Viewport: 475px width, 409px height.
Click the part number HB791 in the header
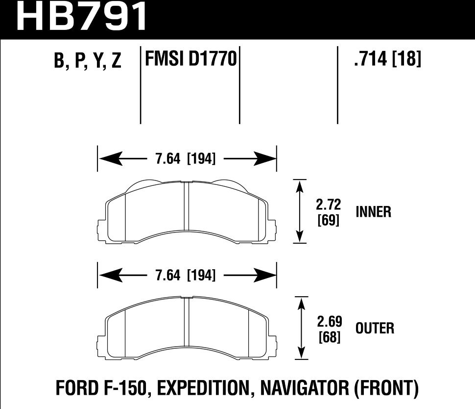point(82,17)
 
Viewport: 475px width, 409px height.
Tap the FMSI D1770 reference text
point(190,60)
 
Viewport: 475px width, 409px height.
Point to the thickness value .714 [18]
point(386,60)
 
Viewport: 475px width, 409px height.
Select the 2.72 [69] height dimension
point(329,211)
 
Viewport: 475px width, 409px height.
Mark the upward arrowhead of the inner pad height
point(299,185)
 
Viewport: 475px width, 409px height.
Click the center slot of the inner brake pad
point(187,206)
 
